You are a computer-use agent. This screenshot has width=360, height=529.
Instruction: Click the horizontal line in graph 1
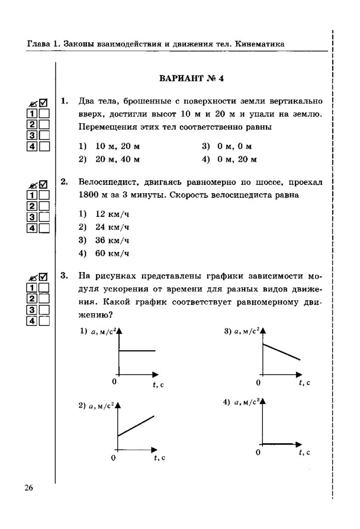[137, 351]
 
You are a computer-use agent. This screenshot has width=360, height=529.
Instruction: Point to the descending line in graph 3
[281, 351]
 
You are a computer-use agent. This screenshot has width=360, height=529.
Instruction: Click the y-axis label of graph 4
[246, 402]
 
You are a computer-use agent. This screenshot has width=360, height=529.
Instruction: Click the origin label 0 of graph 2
[114, 458]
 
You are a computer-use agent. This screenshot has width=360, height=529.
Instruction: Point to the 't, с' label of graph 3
[304, 382]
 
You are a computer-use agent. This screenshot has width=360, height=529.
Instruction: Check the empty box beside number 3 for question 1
[44, 135]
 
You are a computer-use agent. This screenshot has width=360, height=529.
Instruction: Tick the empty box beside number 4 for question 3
[44, 320]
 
